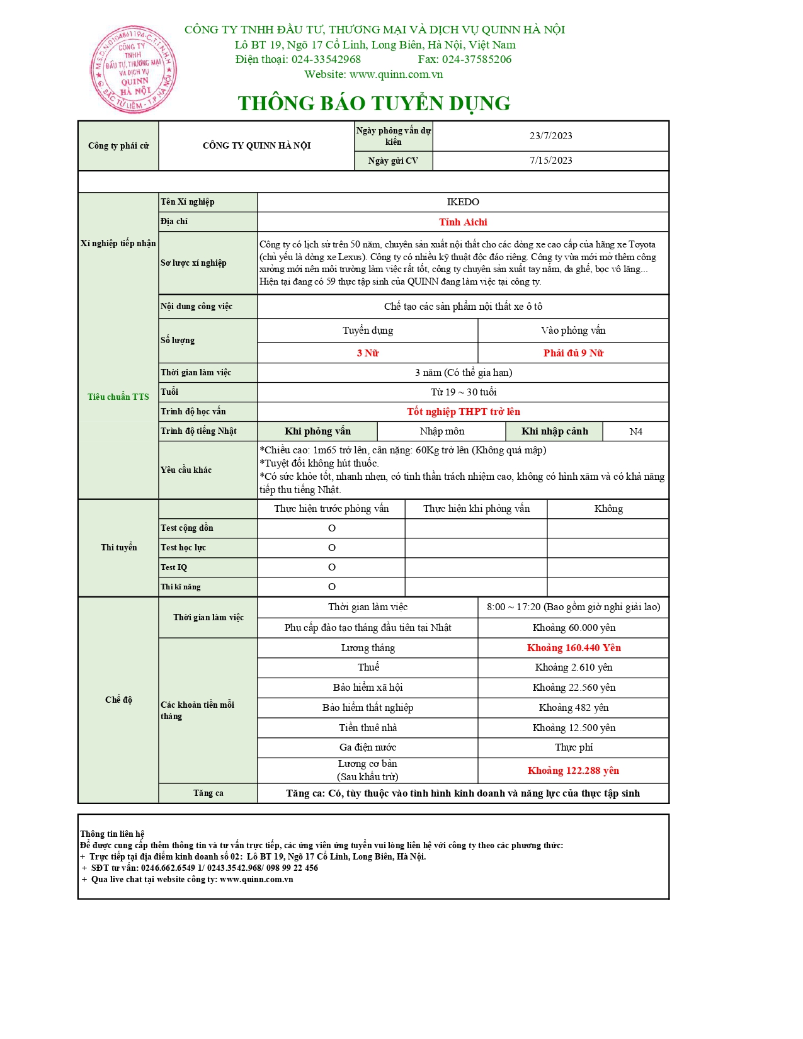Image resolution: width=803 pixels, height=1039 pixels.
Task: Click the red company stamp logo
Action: [133, 69]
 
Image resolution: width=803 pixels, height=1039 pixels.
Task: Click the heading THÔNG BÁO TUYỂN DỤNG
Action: [374, 103]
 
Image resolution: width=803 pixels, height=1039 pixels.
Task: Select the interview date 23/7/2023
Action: [550, 136]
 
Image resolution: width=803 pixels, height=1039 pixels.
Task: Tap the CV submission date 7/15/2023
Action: [550, 161]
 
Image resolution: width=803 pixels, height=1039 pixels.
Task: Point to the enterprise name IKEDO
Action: [463, 202]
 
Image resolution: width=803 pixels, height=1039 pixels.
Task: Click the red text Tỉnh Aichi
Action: [463, 222]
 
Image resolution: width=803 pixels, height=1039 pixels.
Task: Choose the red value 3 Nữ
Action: [368, 353]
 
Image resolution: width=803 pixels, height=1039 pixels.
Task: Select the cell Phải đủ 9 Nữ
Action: [573, 353]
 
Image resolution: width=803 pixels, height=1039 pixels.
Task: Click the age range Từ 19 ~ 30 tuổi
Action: [463, 392]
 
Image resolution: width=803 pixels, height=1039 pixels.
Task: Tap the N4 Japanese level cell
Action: [635, 432]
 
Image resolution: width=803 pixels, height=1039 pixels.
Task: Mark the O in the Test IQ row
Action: [332, 567]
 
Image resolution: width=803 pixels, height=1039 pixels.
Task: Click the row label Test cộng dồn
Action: [187, 528]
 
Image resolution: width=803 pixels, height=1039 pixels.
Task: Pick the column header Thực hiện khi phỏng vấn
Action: [476, 509]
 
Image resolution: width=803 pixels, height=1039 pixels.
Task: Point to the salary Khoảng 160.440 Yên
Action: [574, 648]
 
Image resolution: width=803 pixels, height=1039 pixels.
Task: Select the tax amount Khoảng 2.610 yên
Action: [574, 667]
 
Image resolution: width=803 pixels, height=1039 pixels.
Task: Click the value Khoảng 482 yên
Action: [574, 708]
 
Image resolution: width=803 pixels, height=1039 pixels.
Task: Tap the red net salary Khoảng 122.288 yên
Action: [573, 771]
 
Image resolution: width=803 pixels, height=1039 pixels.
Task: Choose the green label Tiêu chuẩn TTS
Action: [118, 397]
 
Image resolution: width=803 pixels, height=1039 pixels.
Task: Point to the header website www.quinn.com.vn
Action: [396, 74]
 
